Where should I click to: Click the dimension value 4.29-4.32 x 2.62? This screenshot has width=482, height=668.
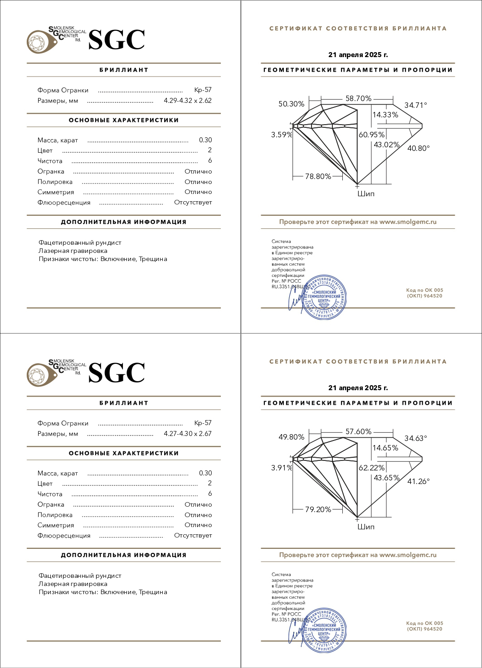click(187, 101)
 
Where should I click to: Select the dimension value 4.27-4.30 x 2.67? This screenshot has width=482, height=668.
click(187, 434)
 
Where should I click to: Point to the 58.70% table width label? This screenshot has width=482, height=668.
click(358, 98)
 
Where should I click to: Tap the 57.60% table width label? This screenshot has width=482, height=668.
click(358, 431)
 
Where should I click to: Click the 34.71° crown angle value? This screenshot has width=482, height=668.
click(415, 105)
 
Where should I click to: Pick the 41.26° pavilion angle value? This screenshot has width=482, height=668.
click(418, 481)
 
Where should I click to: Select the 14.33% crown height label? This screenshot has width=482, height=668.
click(385, 115)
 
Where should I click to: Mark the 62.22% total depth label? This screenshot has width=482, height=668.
click(371, 468)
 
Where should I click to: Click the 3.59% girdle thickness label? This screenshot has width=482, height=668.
click(282, 135)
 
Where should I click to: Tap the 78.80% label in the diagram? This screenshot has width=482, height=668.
click(318, 176)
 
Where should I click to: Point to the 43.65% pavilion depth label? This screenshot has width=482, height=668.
click(386, 478)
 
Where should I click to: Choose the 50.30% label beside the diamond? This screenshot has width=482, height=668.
click(291, 104)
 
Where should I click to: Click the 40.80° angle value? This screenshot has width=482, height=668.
click(418, 148)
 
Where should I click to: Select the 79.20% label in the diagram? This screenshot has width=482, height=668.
click(318, 509)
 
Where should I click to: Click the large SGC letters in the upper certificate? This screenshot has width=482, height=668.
click(117, 40)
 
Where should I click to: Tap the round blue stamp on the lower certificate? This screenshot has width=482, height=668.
click(324, 630)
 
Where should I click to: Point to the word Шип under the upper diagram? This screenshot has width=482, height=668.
click(366, 194)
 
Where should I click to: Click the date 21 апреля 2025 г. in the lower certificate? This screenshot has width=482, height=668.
click(358, 388)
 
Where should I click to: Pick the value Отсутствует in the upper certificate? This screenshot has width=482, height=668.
click(193, 203)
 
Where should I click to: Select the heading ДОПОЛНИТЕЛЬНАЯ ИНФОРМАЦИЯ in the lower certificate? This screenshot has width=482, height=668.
click(124, 555)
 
